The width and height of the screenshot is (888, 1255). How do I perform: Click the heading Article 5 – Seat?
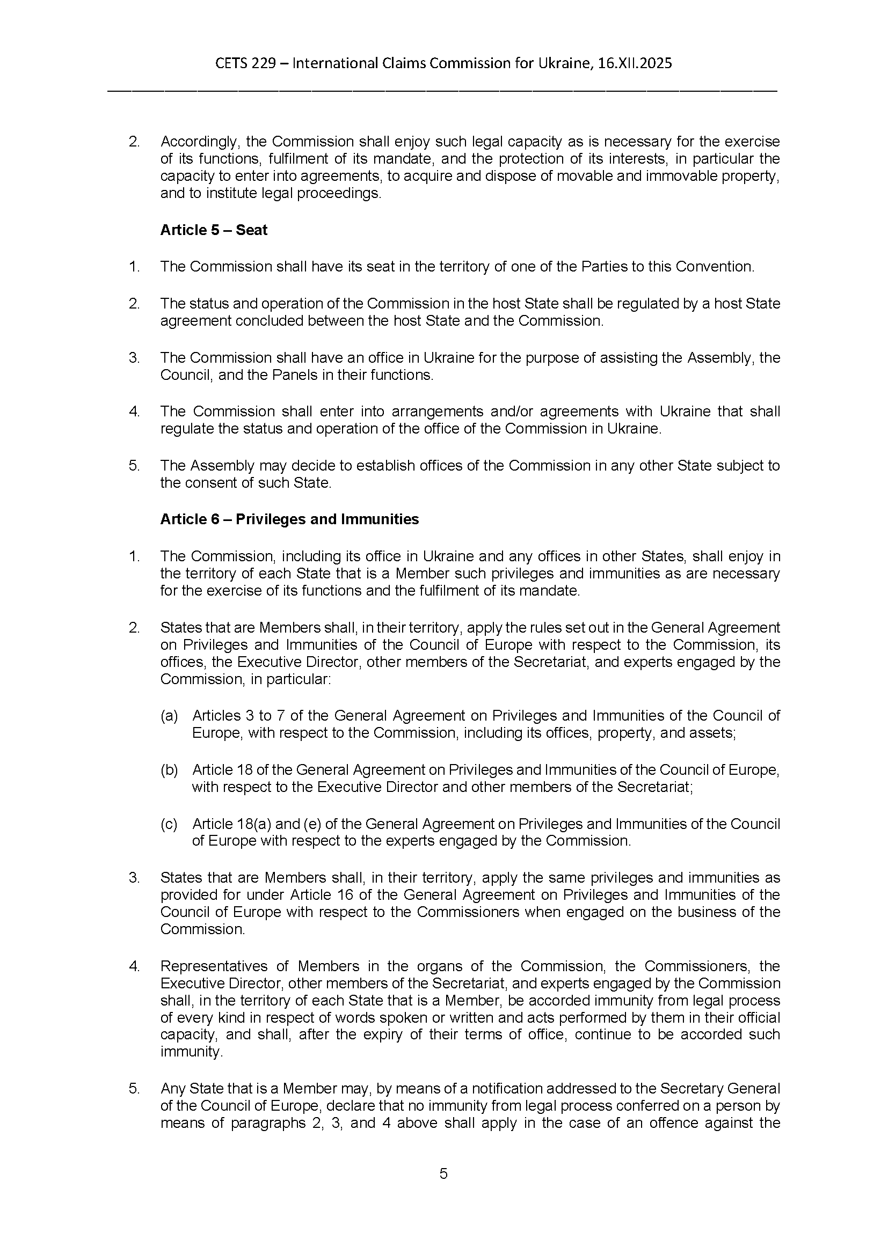click(213, 230)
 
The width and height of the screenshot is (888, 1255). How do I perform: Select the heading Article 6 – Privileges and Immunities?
click(289, 519)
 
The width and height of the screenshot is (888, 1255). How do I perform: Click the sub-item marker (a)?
click(169, 716)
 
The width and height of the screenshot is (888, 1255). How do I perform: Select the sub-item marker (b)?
click(169, 769)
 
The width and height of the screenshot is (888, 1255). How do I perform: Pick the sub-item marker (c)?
click(169, 824)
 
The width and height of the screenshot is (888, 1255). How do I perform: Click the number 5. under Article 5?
click(134, 466)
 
